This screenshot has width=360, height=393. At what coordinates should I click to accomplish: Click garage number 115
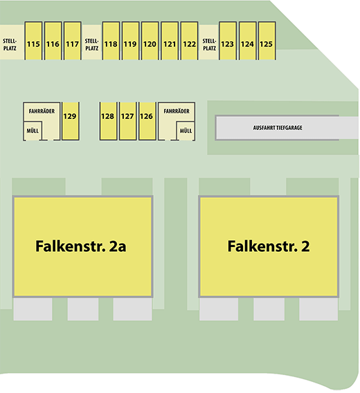[x=33, y=41]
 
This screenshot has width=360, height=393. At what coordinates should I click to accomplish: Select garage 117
[x=73, y=41]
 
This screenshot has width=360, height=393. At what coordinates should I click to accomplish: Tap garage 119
[x=130, y=41]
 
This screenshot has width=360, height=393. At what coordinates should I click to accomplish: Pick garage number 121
[x=170, y=41]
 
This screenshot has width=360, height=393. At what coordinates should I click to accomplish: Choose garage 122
[x=189, y=41]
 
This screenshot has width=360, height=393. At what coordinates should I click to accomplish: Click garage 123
[x=228, y=41]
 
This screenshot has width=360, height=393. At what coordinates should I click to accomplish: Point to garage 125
[x=267, y=41]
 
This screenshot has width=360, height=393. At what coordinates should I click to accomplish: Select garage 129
[x=71, y=121]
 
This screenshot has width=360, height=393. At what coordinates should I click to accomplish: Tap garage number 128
[x=108, y=121]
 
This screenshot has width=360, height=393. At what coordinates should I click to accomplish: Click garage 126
[x=147, y=121]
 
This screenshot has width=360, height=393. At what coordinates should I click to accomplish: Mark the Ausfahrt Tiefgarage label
[x=278, y=128]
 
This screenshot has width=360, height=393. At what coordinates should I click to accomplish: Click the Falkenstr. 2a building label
[x=81, y=246]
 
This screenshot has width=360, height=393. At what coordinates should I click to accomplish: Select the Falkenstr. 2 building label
[x=269, y=246]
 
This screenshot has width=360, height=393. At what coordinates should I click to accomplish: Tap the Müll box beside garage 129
[x=33, y=131]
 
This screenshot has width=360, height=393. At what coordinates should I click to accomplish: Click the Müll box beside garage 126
[x=186, y=131]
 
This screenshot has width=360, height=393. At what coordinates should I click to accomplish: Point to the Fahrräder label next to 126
[x=177, y=111]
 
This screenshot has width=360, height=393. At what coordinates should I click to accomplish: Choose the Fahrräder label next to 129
[x=42, y=111]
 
